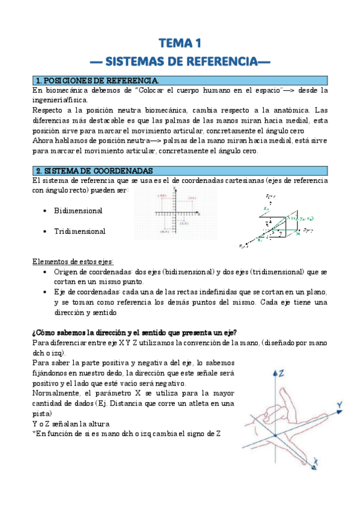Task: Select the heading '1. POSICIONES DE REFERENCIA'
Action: click(x=97, y=81)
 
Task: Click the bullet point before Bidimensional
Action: click(x=46, y=211)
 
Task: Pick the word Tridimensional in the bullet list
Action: click(x=79, y=232)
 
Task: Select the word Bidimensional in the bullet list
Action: click(x=78, y=211)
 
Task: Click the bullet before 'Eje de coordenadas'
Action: click(x=46, y=292)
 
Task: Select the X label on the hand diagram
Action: click(x=315, y=462)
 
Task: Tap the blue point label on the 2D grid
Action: click(x=192, y=198)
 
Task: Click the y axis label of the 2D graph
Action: click(x=174, y=188)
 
